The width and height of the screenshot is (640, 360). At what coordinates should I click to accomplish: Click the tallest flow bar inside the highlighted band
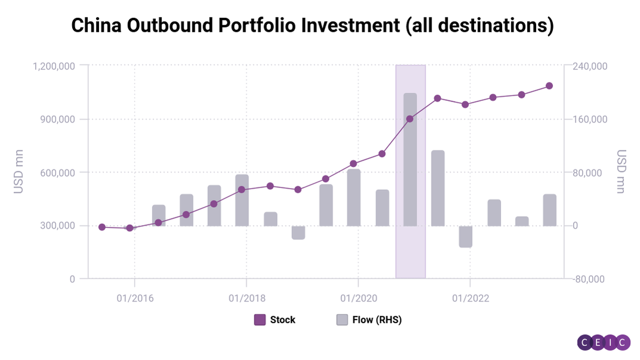pos(410,159)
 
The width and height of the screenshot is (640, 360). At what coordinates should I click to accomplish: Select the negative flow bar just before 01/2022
pos(466,236)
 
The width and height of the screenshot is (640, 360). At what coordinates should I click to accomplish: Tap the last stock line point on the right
pos(549,86)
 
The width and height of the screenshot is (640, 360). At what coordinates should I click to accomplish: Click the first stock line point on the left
pos(102,227)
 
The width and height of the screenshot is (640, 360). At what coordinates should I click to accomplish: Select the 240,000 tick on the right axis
pos(590,66)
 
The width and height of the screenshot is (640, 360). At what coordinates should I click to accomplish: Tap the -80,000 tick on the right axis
pos(590,279)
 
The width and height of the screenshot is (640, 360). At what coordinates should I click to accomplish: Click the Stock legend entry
pos(275,320)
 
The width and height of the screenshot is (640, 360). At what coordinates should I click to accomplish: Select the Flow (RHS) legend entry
pos(369,320)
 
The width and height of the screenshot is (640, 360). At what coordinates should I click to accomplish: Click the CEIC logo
pos(604,342)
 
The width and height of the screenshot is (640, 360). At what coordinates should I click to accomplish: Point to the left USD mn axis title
pos(19,172)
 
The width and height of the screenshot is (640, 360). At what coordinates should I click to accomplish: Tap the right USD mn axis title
pos(621,172)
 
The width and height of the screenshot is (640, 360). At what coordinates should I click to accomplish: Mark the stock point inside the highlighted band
pos(410,119)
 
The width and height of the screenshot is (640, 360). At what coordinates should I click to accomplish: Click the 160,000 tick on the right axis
pos(590,119)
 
